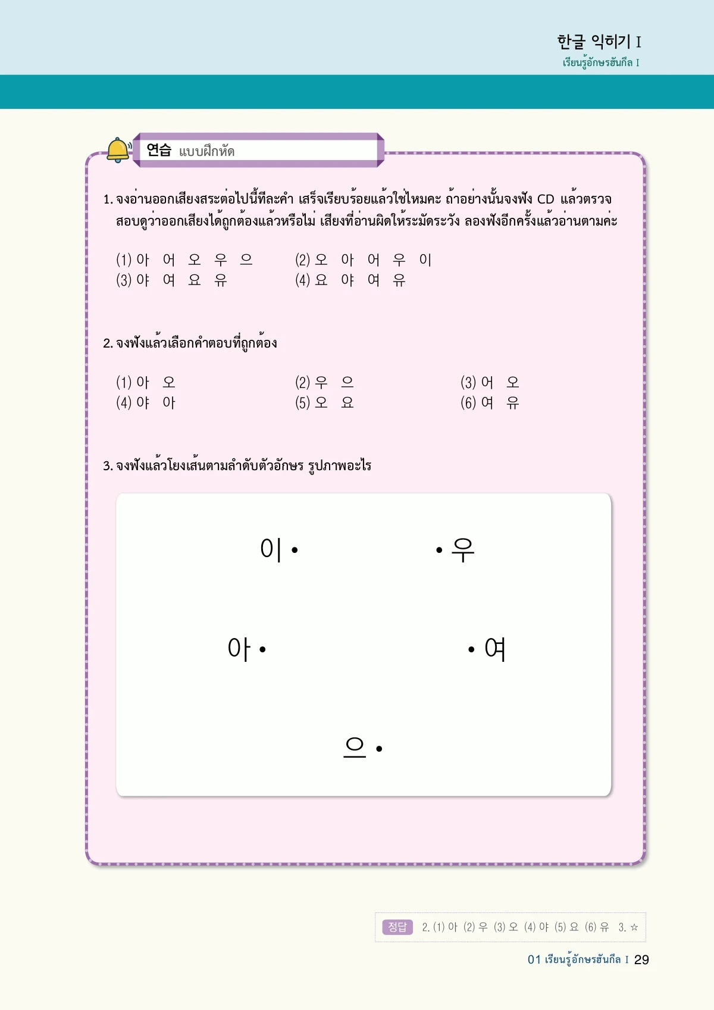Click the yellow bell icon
tap(118, 149)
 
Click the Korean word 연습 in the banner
tap(159, 150)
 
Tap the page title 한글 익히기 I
tap(599, 42)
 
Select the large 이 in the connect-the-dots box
tap(271, 549)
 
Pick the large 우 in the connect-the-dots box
tap(463, 549)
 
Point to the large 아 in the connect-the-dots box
tap(239, 648)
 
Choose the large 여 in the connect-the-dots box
tap(495, 649)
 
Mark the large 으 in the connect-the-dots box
tap(355, 748)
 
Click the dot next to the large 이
tap(295, 550)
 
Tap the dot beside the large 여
tap(471, 649)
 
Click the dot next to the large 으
tap(379, 749)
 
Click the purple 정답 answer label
tap(397, 927)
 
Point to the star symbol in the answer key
tap(634, 927)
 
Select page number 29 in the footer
tap(641, 959)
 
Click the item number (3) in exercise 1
tap(124, 280)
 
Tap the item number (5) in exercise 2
tap(303, 403)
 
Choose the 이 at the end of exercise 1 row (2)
tap(425, 259)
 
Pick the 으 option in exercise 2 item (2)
tap(347, 382)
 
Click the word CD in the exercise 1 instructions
tap(546, 199)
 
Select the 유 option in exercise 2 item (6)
tap(513, 403)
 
